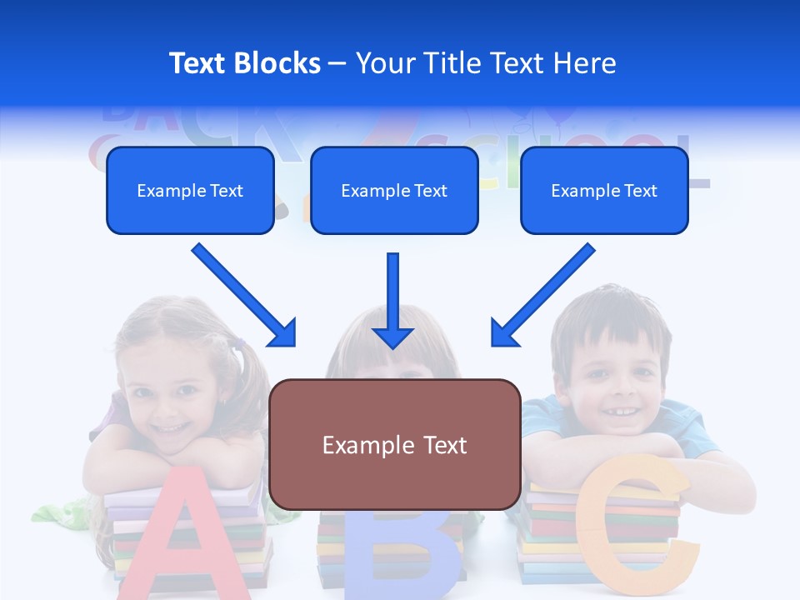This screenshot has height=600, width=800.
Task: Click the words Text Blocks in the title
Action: coord(244,63)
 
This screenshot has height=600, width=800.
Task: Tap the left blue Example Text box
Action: coord(190,191)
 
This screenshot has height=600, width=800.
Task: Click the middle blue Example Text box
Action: coord(394,191)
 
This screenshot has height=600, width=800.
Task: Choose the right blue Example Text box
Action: coord(604,191)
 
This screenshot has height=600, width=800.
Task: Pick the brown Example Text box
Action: coord(395,444)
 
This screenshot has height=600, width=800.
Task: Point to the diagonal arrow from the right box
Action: coord(542,295)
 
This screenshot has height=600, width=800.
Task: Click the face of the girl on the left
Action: coord(172,401)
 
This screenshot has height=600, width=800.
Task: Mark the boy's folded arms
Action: coord(625,454)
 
